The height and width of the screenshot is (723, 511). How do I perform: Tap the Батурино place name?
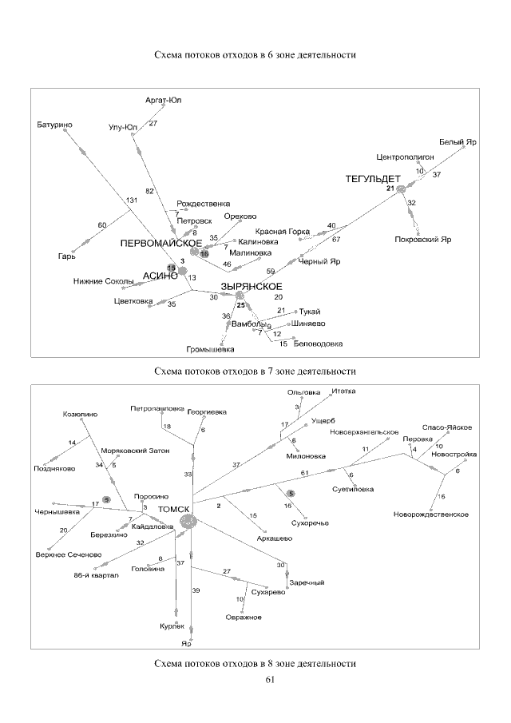[x=54, y=125]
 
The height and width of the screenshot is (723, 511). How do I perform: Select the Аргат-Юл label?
[x=164, y=100]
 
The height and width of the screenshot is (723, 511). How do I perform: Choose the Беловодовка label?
[x=319, y=344]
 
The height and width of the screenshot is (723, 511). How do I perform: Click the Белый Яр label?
[x=459, y=141]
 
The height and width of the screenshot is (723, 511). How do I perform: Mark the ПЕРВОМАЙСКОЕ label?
[x=160, y=242]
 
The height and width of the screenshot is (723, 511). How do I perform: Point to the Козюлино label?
[x=80, y=415]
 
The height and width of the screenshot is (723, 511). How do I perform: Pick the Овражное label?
[x=244, y=617]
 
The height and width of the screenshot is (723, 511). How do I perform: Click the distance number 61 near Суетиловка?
[x=304, y=474]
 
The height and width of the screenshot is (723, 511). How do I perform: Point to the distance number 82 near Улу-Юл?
[x=149, y=191]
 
